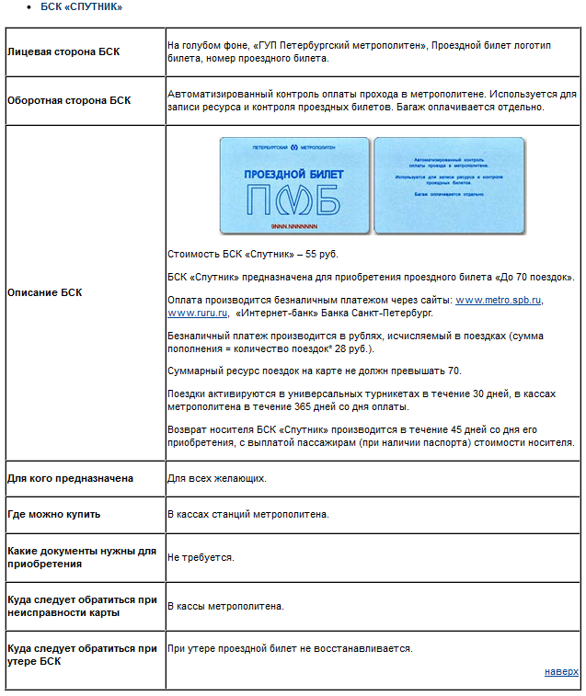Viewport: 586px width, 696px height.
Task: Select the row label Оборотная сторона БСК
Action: tap(68, 99)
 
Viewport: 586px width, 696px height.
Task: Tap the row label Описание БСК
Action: tap(44, 292)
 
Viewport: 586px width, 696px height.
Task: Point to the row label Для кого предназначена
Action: tap(70, 478)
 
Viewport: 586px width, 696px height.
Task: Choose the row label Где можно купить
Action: tap(53, 513)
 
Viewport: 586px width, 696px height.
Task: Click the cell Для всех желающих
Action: tap(216, 478)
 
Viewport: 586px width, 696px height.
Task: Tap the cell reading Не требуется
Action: tap(201, 557)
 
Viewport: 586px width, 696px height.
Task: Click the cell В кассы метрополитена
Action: tap(225, 606)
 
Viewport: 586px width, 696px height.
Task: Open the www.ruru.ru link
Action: tap(197, 313)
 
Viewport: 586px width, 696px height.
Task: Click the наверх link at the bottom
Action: tap(561, 671)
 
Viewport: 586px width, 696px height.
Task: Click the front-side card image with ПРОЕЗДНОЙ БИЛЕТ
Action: tap(293, 185)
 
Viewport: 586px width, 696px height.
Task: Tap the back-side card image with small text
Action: tap(448, 185)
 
